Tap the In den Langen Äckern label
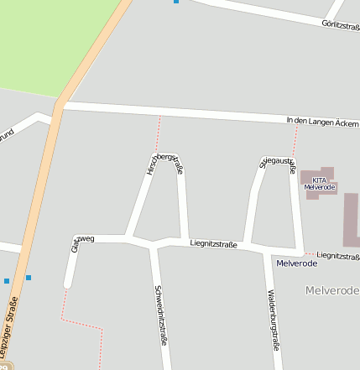point(322,122)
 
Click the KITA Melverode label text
point(319,183)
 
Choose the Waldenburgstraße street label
point(272,319)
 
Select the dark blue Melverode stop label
point(296,263)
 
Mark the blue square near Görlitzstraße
point(176,2)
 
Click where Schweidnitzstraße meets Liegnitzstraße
point(153,245)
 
